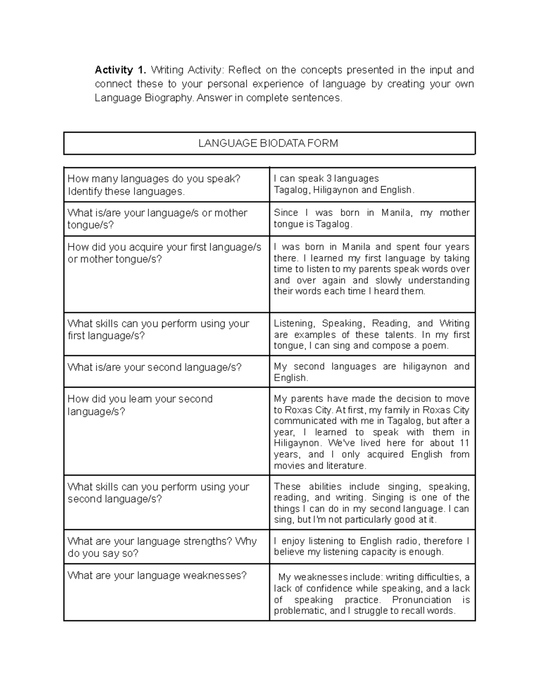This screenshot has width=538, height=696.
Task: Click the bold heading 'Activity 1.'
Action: click(120, 70)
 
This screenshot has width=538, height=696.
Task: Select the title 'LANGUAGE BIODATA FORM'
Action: click(268, 143)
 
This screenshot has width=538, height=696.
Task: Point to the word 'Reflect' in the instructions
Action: click(244, 70)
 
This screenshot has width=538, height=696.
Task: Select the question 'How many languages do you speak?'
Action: click(154, 179)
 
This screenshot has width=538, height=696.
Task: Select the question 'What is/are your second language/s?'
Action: click(154, 367)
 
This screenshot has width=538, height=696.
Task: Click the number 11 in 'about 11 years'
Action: click(464, 443)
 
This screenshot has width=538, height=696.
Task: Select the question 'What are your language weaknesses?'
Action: click(157, 575)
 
